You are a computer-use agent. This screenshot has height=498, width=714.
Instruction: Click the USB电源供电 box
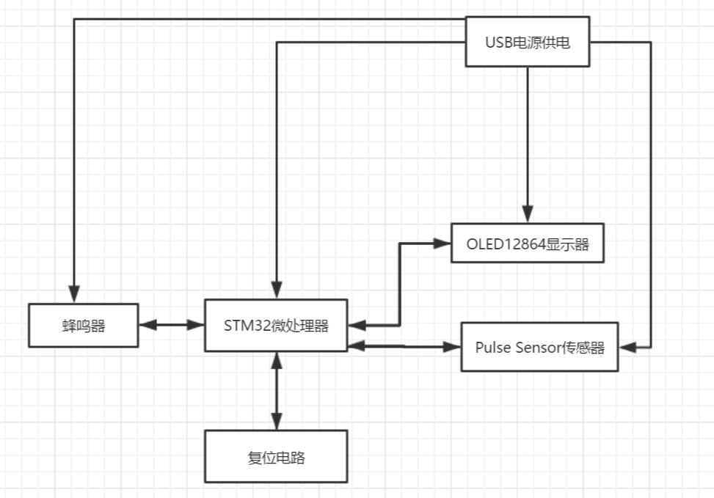click(528, 42)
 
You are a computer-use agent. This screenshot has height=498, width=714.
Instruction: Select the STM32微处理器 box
click(276, 325)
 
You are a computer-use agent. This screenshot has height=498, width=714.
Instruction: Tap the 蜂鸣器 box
click(83, 325)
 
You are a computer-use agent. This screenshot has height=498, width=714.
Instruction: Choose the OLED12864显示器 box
click(527, 243)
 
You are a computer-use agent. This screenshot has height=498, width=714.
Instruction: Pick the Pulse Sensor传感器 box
click(539, 347)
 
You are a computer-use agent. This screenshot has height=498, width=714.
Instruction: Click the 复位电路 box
click(276, 456)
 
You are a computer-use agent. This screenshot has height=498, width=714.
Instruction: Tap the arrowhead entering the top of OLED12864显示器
click(527, 214)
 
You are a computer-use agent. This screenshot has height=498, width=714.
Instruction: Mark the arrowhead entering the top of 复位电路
click(276, 422)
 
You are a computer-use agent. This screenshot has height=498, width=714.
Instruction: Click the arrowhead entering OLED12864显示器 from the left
click(442, 243)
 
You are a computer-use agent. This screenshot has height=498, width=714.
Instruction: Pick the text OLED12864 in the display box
click(506, 243)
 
